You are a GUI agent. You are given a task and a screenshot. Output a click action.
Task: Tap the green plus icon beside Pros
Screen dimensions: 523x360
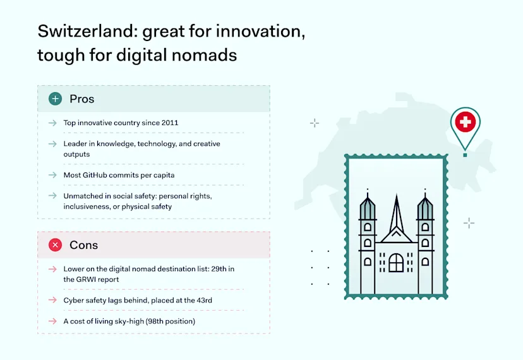[56, 99]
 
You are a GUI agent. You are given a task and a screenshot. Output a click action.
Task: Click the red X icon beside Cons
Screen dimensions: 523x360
[56, 245]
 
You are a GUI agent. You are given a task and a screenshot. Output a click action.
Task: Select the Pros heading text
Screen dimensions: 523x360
[82, 99]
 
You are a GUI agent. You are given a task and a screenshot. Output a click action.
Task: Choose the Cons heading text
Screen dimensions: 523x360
[84, 245]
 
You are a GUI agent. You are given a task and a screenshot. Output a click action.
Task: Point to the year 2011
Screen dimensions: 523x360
[170, 123]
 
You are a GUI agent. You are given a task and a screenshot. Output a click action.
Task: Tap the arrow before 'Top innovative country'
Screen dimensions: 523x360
[52, 123]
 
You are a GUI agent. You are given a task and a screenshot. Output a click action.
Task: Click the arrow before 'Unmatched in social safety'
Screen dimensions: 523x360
[52, 196]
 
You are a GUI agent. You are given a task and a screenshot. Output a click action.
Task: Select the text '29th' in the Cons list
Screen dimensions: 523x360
[219, 269]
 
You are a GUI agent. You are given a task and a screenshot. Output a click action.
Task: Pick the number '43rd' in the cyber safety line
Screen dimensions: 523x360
[204, 300]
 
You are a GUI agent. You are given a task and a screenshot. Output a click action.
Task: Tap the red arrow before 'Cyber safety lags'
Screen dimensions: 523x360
[52, 300]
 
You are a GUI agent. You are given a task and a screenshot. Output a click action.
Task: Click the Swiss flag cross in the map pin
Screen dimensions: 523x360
[466, 122]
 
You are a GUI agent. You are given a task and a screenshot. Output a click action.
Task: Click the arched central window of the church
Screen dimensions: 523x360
[396, 263]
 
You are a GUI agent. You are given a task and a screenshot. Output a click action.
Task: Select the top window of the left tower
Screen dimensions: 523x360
[368, 227]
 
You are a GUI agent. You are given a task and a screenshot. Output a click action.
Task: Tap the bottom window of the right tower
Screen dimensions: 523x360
[425, 261]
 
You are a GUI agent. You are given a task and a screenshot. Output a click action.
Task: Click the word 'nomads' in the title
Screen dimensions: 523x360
[204, 55]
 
